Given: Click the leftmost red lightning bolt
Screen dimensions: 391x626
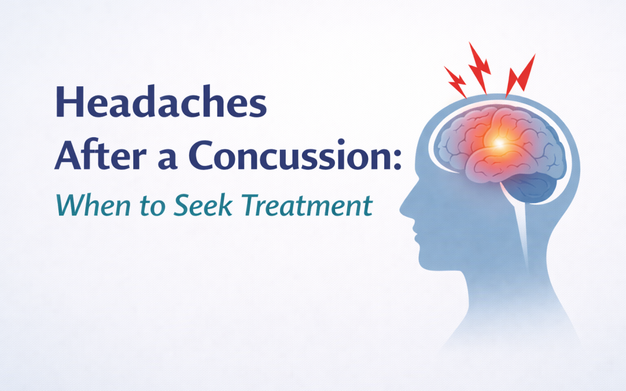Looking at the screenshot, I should [x=455, y=82].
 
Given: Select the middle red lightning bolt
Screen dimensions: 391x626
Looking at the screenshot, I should [x=480, y=67].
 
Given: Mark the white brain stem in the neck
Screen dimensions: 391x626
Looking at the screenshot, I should [x=525, y=232].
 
